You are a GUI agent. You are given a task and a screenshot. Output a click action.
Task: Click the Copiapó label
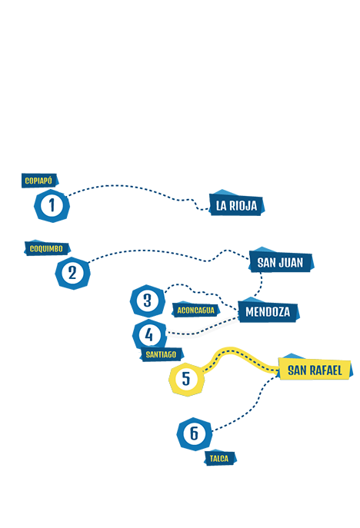point(40,181)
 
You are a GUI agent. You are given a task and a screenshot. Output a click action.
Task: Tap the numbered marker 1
point(52,205)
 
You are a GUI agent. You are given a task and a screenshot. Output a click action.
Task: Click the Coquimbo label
point(47,248)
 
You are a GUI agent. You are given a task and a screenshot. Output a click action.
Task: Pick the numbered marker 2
point(72,273)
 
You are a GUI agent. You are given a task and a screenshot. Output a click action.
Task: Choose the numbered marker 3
point(148,301)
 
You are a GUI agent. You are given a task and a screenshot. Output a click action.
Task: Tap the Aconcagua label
point(196,310)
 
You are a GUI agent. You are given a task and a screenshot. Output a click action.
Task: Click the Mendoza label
point(268,310)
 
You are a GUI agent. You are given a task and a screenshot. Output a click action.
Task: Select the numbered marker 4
point(149,335)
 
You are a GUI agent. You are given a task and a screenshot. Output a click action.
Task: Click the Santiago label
point(162,354)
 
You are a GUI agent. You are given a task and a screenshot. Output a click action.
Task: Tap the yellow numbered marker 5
point(186,379)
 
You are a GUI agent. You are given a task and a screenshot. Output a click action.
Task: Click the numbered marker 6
point(195,433)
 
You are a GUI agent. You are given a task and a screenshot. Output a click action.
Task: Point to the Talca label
point(220,458)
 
